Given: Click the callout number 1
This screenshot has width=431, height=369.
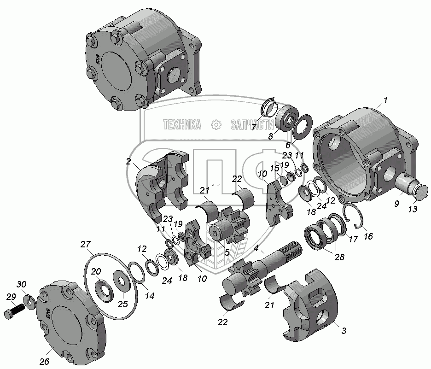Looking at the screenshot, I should [x=385, y=100].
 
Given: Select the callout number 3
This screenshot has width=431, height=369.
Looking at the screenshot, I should [x=344, y=330].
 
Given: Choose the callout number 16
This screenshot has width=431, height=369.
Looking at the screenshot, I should [x=368, y=237].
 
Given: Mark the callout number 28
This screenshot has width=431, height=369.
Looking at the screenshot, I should [x=339, y=257].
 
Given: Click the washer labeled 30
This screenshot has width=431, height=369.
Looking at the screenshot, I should [x=29, y=301].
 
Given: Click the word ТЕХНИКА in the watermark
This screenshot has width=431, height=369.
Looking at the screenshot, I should [x=181, y=124].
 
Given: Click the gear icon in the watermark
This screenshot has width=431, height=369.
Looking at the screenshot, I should [x=215, y=124].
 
